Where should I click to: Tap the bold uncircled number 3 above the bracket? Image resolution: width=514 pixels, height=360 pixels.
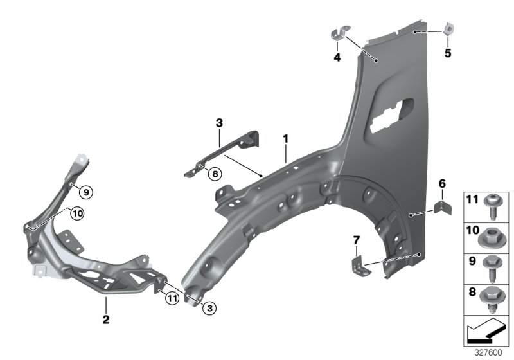tap(219, 122)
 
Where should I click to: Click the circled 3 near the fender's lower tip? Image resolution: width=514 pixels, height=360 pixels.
tap(209, 309)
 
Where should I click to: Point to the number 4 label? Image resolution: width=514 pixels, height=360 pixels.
tap(335, 57)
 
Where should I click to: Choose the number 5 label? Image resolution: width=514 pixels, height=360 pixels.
tap(448, 53)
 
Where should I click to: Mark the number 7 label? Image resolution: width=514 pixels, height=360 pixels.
tap(356, 240)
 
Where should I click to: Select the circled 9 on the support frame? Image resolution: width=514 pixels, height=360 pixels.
tap(86, 190)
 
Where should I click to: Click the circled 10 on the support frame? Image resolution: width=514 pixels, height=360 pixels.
tap(76, 213)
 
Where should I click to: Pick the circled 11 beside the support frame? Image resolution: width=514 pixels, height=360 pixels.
tap(170, 298)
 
